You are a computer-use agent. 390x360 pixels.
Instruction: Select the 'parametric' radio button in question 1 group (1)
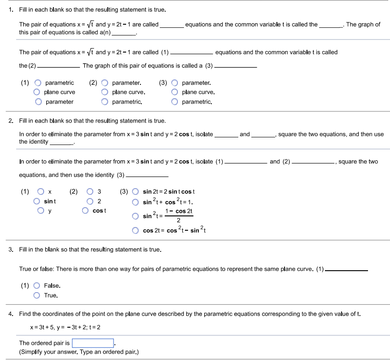click(38, 83)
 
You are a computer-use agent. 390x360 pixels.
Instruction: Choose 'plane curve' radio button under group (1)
click(38, 92)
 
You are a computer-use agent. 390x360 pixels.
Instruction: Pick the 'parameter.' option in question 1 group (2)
click(105, 83)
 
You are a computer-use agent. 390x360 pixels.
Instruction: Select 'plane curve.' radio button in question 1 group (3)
click(175, 92)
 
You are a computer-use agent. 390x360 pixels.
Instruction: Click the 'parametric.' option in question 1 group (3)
click(175, 102)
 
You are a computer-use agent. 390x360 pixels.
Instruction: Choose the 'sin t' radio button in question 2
click(38, 201)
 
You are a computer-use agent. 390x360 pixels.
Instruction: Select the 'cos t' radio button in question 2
click(85, 211)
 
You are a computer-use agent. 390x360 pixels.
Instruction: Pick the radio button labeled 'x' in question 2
click(38, 192)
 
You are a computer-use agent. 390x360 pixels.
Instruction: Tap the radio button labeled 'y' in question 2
click(38, 211)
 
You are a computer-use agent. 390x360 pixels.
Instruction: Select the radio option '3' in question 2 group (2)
click(90, 192)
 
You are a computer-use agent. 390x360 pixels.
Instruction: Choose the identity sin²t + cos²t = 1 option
click(135, 202)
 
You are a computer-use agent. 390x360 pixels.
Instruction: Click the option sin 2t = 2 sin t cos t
click(135, 192)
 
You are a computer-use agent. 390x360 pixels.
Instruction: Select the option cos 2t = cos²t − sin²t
click(135, 231)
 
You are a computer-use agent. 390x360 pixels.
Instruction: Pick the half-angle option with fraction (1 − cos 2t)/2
click(135, 216)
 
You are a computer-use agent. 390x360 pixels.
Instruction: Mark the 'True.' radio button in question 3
click(38, 295)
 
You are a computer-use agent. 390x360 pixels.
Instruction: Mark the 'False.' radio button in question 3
click(38, 285)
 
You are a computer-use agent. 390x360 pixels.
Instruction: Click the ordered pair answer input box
click(93, 343)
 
